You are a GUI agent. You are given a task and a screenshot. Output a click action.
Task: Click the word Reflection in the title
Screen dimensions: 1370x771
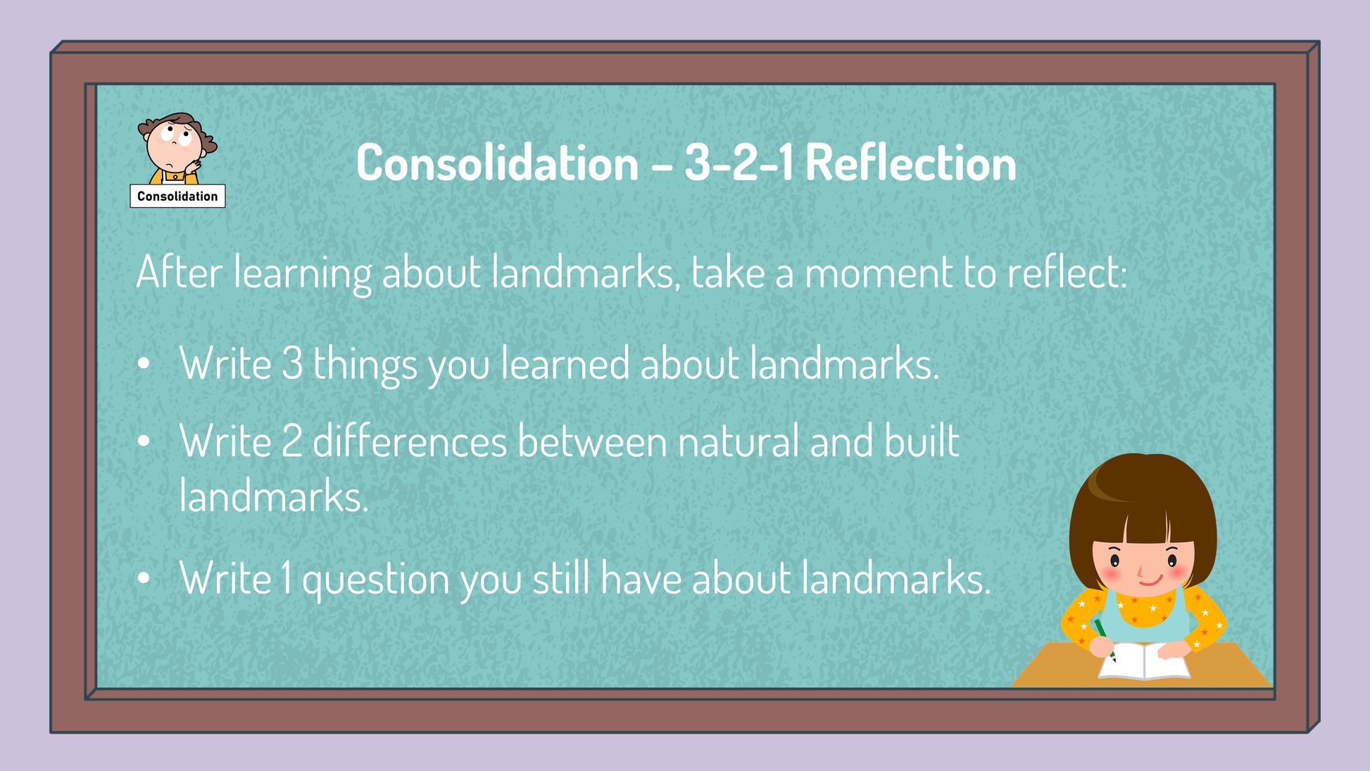910,163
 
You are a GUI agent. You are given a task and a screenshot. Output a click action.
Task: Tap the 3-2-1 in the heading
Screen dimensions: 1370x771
739,163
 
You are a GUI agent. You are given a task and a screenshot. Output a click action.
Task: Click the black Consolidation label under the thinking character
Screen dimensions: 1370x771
177,196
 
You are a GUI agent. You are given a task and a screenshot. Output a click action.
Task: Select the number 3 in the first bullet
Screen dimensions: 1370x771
292,364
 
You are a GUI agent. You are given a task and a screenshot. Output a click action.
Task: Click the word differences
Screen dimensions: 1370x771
410,441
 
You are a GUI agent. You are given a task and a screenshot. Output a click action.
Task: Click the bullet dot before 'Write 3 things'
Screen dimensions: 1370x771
144,364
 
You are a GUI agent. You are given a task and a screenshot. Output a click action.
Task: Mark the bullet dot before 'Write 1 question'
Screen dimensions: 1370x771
144,579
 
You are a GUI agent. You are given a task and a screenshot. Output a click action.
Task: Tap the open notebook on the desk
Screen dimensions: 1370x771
1144,661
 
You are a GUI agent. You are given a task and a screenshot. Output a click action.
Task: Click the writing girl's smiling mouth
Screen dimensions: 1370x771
1150,582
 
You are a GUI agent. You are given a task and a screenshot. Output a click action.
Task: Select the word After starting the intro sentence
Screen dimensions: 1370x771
180,272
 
